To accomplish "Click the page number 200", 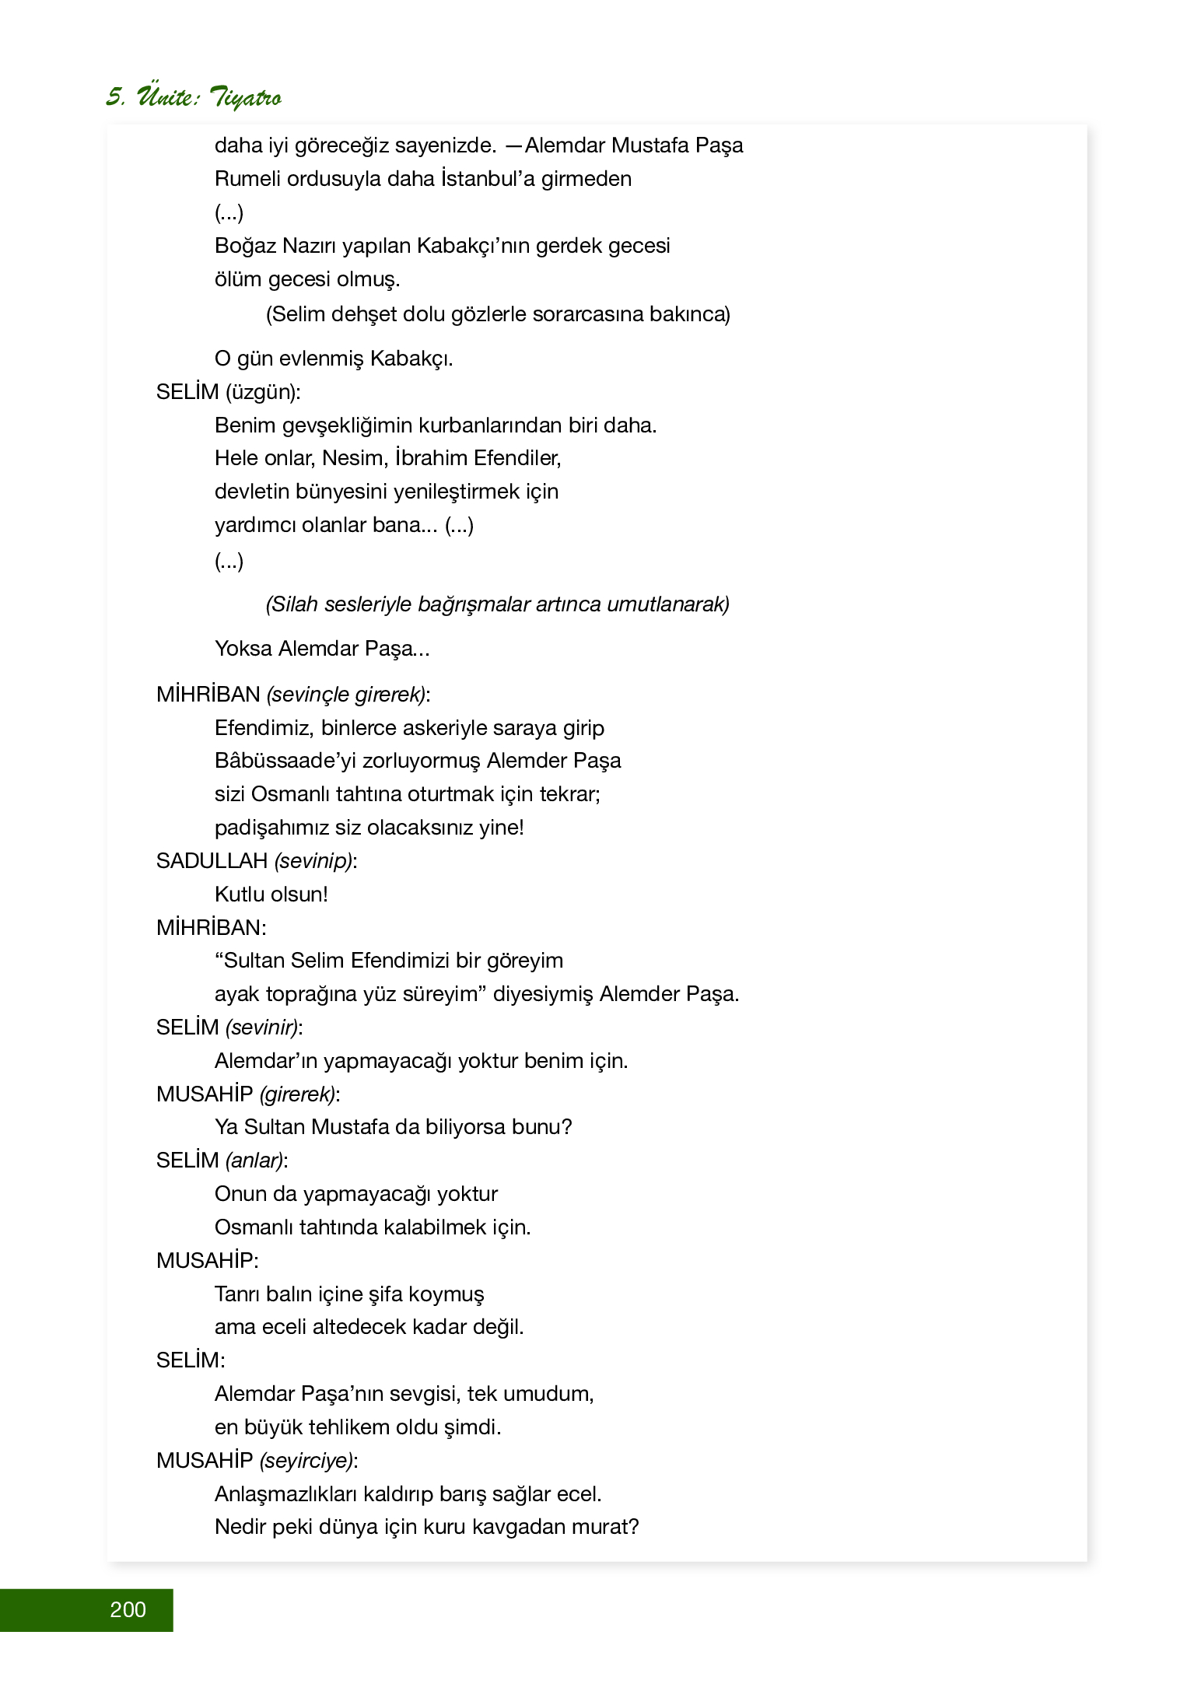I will [128, 1609].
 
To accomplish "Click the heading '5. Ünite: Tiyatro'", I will [194, 97].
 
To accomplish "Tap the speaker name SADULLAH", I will [212, 860].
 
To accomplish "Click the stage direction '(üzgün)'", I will [262, 392].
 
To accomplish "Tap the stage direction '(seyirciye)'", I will [306, 1461].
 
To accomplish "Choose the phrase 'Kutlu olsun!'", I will [271, 895].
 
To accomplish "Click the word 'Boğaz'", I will [245, 246].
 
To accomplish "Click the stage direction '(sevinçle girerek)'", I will [346, 695].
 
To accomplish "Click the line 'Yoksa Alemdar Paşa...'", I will [322, 649].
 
